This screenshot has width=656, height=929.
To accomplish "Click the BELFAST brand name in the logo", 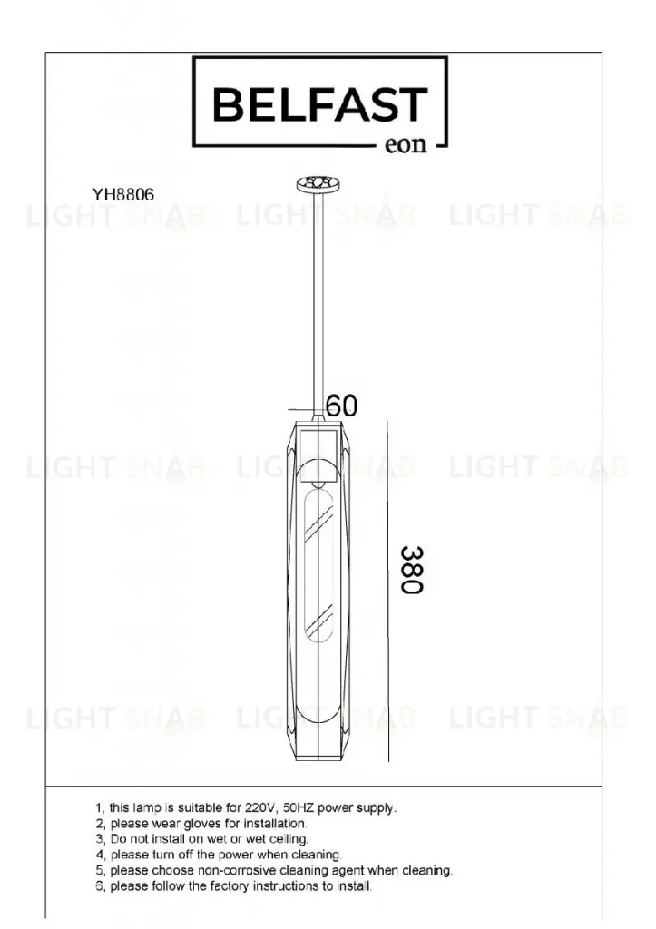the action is [320, 105].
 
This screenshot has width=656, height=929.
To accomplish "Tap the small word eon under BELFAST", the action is [406, 144].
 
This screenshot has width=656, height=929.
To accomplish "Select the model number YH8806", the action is [122, 194].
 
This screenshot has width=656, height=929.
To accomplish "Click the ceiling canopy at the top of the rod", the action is [318, 184].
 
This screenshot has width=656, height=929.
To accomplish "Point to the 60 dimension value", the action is [342, 406].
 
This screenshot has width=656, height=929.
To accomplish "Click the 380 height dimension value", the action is [411, 570].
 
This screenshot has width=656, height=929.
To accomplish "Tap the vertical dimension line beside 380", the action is [387, 592].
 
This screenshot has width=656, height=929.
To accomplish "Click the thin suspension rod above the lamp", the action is [318, 302].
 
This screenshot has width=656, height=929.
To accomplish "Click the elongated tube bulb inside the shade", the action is [318, 567].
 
